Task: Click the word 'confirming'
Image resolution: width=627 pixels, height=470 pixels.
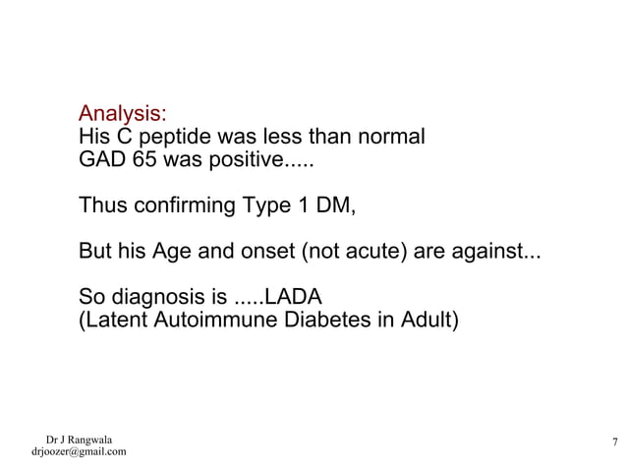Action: (175, 206)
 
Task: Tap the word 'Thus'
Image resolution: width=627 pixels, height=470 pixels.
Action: (100, 206)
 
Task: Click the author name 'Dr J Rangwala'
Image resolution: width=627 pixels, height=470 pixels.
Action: (79, 439)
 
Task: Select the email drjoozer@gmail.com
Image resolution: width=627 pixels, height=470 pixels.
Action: (79, 452)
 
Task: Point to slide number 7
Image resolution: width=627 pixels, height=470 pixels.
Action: (613, 441)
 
